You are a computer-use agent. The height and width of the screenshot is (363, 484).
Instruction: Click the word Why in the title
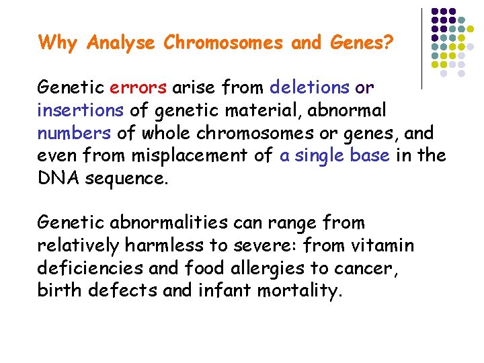tap(60, 43)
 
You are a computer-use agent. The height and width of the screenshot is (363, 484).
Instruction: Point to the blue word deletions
tap(309, 87)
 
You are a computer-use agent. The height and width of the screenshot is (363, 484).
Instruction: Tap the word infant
tap(221, 292)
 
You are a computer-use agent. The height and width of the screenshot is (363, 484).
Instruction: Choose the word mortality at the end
tap(299, 292)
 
